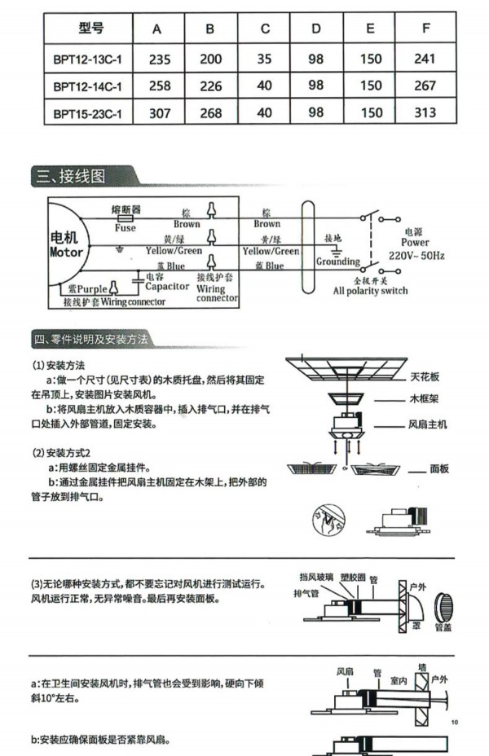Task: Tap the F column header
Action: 425,29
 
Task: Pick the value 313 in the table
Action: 425,112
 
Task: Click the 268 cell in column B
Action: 211,113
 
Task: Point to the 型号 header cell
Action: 91,29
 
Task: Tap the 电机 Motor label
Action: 64,244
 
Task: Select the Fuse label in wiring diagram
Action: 125,229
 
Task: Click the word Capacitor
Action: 167,286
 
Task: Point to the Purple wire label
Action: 88,288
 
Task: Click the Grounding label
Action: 337,262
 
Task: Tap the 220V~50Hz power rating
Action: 416,256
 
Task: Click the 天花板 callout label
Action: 425,378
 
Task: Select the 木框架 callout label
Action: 425,400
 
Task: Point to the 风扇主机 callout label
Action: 427,424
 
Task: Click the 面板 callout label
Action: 440,469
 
